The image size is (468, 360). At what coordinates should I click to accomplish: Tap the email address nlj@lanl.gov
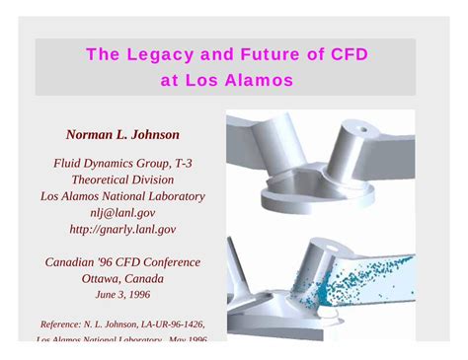pyautogui.click(x=121, y=212)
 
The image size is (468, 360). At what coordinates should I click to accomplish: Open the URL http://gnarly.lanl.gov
pyautogui.click(x=121, y=228)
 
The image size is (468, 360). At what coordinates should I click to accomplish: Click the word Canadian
pyautogui.click(x=75, y=262)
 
